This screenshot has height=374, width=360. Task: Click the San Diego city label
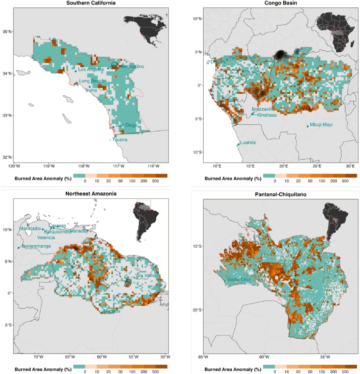tap(126, 125)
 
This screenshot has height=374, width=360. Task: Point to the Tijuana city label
tap(120, 140)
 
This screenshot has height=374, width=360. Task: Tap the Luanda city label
tap(248, 143)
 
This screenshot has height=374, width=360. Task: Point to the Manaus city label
tap(111, 311)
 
